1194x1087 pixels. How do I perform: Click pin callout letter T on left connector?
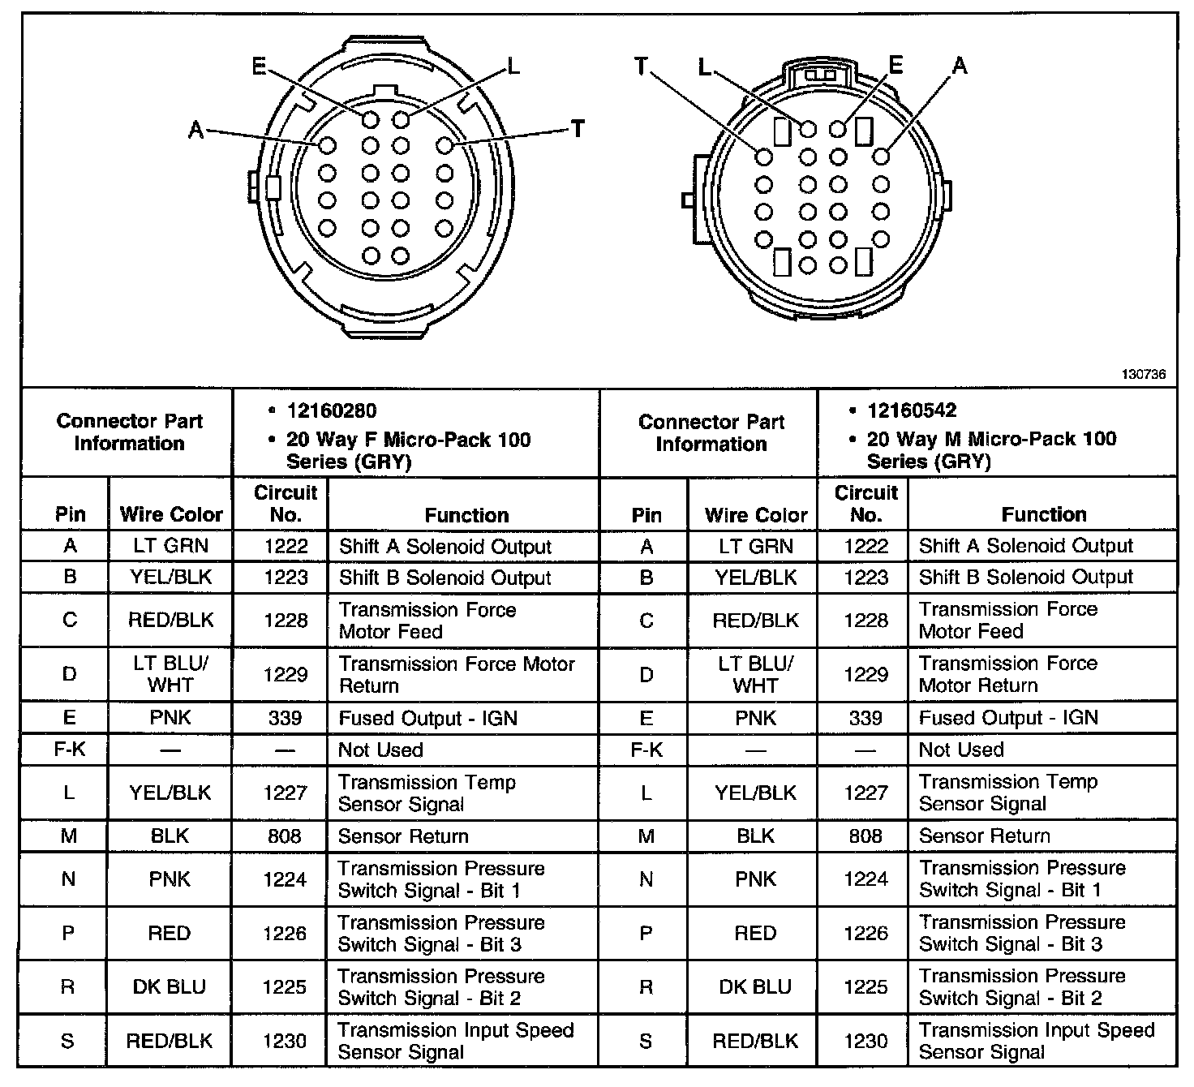[578, 129]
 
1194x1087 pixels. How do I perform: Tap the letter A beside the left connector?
[196, 129]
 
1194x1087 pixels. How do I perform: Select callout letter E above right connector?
[895, 65]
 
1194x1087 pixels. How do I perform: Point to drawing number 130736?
[1144, 375]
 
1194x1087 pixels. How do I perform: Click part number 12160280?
[332, 410]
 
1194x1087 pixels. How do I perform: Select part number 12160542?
[912, 410]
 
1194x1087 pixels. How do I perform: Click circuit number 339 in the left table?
[285, 718]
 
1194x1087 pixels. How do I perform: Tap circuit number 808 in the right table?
[865, 836]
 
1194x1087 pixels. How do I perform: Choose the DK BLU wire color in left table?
[170, 987]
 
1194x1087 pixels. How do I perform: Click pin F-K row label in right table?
[646, 750]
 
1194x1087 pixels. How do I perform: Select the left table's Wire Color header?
[171, 514]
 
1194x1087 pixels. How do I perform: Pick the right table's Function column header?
[1044, 514]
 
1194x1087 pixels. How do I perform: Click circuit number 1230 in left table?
[285, 1041]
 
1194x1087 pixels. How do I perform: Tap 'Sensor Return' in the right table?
[984, 836]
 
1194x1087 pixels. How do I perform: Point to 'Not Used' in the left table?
[380, 750]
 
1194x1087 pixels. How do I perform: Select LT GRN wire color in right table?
[755, 546]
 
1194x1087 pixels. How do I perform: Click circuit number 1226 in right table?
[865, 933]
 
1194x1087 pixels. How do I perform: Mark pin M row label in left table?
[69, 836]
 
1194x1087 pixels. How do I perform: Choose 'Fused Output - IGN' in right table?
[1008, 718]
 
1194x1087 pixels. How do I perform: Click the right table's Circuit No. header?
[865, 503]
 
